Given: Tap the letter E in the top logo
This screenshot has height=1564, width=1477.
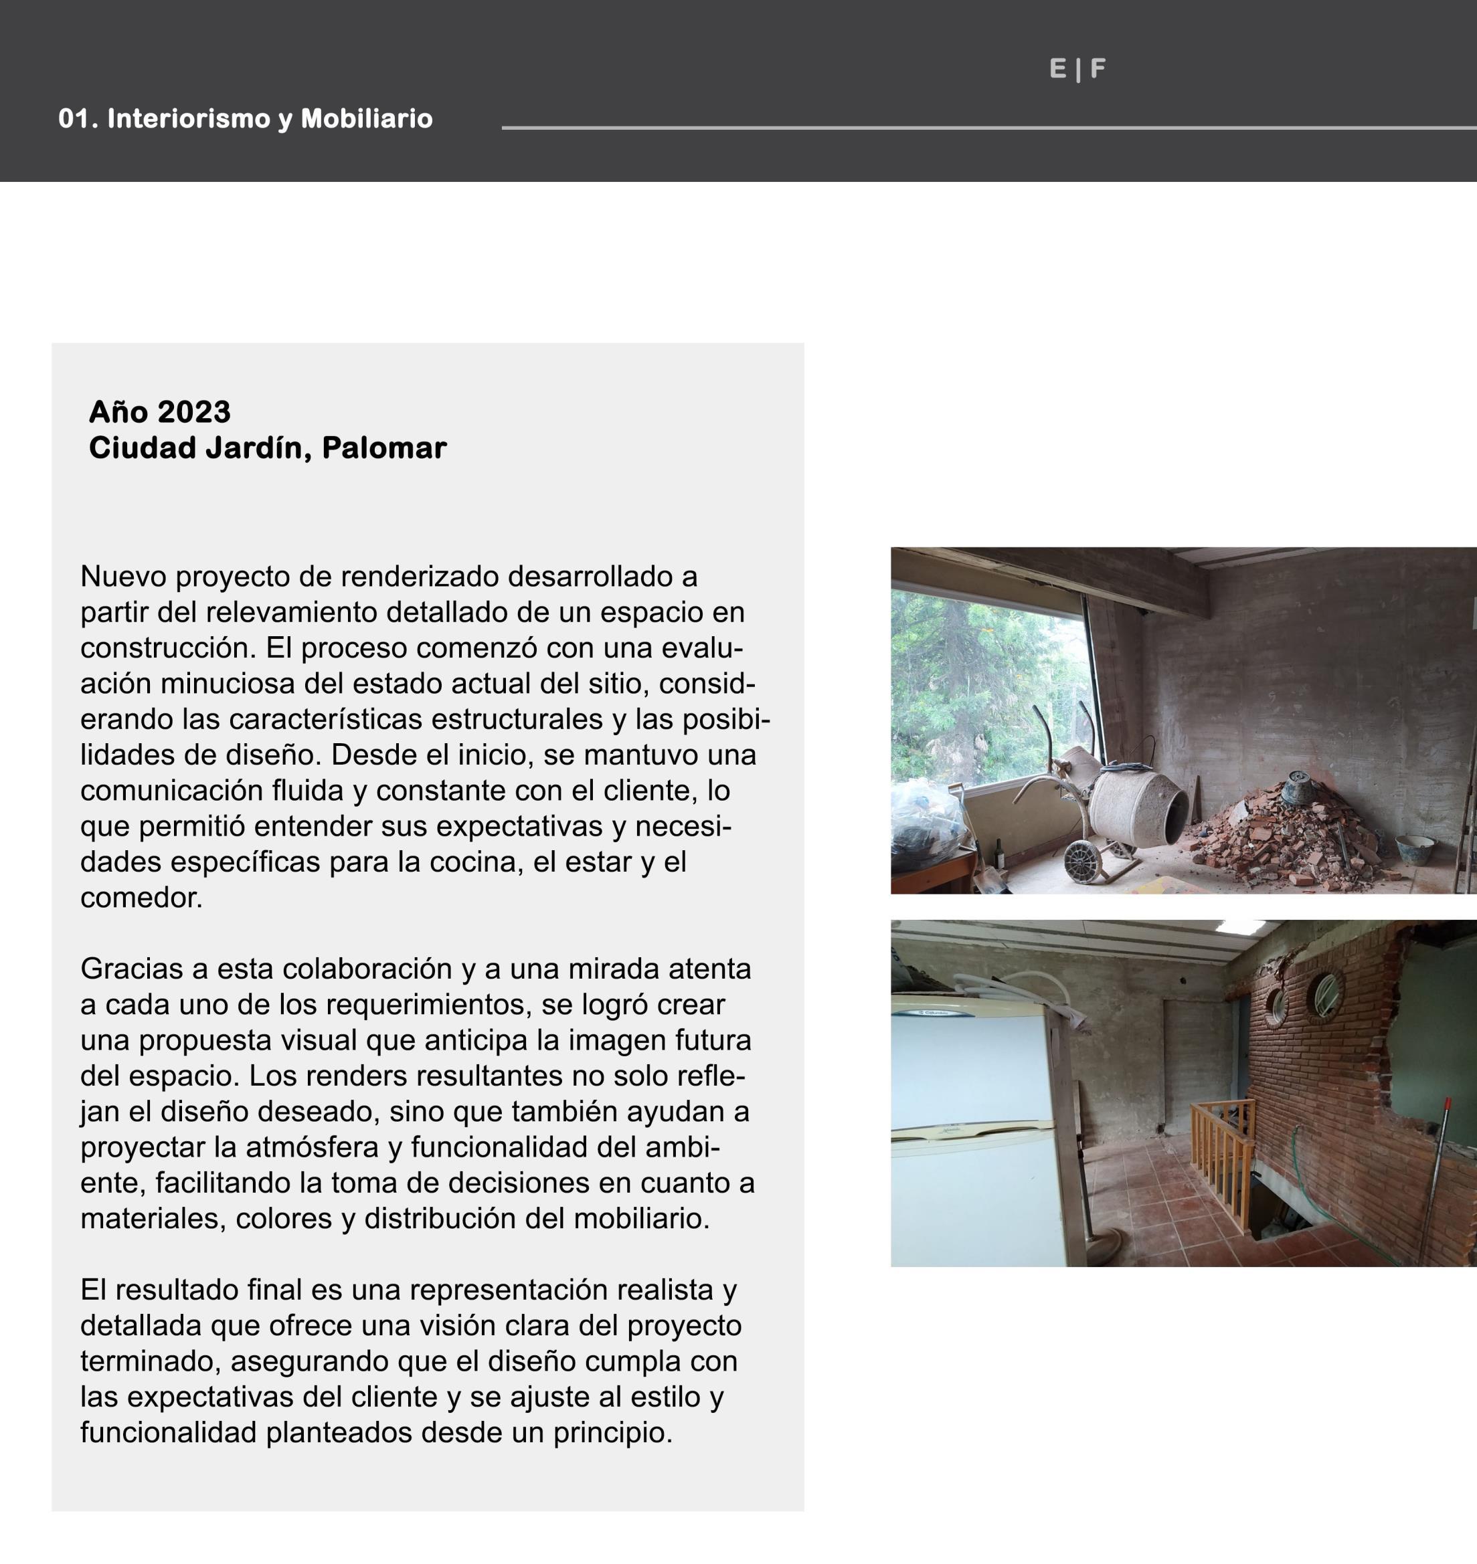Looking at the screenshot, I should click(1057, 70).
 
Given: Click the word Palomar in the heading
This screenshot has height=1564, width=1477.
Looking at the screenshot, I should click(384, 448).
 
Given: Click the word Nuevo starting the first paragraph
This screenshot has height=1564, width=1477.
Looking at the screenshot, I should click(124, 576).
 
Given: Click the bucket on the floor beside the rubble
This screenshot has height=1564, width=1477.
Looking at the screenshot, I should click(1414, 848).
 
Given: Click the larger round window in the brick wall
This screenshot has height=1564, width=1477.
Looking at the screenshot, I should click(1326, 995).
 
